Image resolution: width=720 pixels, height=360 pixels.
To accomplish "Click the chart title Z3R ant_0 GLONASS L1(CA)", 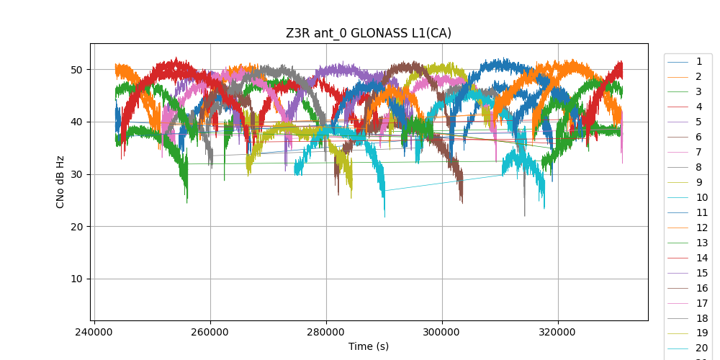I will click(x=369, y=33).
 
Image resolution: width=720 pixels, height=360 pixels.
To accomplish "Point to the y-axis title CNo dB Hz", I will click(x=61, y=181).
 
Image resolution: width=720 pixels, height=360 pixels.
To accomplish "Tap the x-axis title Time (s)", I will click(x=369, y=346).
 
